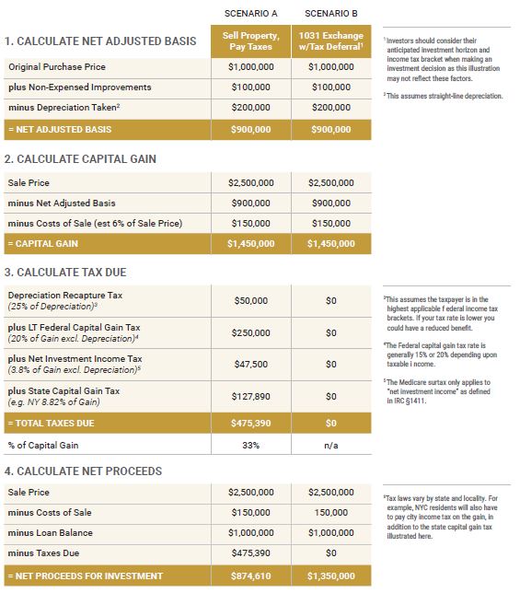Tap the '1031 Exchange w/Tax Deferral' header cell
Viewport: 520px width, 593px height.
click(x=330, y=41)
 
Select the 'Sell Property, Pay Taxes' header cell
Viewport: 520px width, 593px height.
click(x=250, y=41)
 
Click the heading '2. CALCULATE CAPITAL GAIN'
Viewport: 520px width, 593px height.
click(x=80, y=159)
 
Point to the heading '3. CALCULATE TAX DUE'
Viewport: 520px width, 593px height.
click(x=65, y=273)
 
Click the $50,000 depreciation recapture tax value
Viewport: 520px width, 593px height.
click(x=250, y=301)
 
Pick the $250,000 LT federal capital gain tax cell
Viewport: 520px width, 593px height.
click(x=250, y=332)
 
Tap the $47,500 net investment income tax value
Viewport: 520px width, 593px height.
click(x=250, y=364)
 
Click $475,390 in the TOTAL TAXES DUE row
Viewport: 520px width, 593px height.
click(x=250, y=424)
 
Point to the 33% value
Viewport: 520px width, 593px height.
click(x=250, y=446)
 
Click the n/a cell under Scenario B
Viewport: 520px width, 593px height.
click(x=330, y=446)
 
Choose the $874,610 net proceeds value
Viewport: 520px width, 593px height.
click(x=250, y=576)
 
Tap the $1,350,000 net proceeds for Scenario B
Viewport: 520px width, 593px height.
click(x=330, y=576)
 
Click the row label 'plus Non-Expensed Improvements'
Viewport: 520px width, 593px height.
click(x=80, y=87)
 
